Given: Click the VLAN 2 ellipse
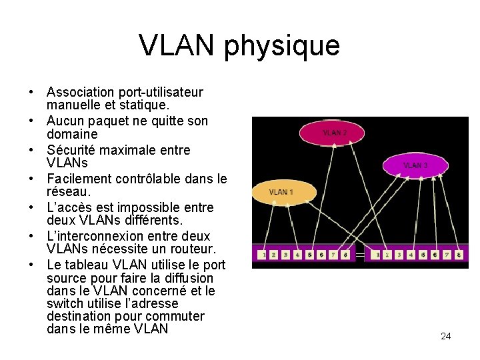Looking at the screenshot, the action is click(334, 133).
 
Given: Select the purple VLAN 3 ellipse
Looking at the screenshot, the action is click(415, 165).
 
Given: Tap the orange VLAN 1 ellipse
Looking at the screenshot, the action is click(283, 193).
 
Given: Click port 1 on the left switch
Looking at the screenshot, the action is click(265, 255).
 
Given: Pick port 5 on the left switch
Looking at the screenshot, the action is click(310, 255).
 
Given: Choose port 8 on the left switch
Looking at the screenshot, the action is click(345, 255).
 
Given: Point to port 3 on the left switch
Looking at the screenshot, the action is click(286, 255).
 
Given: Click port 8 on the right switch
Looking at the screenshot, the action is click(459, 255).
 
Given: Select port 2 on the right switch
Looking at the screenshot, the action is click(388, 255).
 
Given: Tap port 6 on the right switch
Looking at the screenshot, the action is click(435, 255).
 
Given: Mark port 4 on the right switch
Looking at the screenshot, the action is click(411, 255).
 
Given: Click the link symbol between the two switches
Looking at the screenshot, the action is click(360, 255).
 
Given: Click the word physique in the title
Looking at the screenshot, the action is click(282, 46).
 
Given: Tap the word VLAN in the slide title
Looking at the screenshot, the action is click(177, 45).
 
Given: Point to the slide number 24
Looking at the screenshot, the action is click(446, 336).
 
